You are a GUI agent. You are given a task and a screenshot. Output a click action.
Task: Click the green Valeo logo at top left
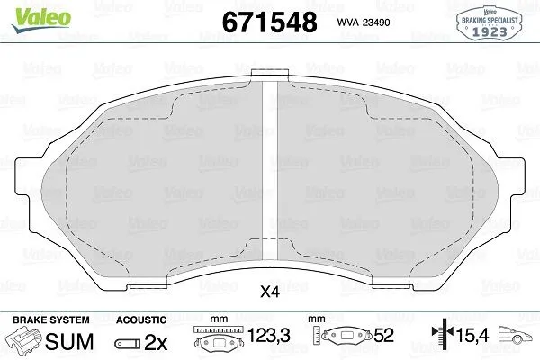point(28,11)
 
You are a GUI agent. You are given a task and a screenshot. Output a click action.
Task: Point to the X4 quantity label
point(269,292)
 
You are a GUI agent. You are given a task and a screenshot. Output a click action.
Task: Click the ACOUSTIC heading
point(141,319)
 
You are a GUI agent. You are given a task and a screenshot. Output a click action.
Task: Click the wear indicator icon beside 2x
point(127,343)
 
